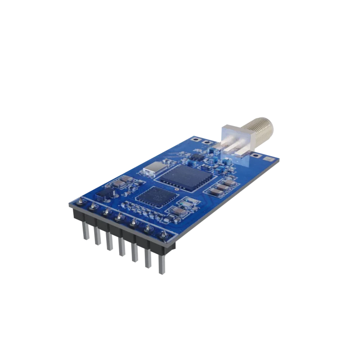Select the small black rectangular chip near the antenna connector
click(196, 157)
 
